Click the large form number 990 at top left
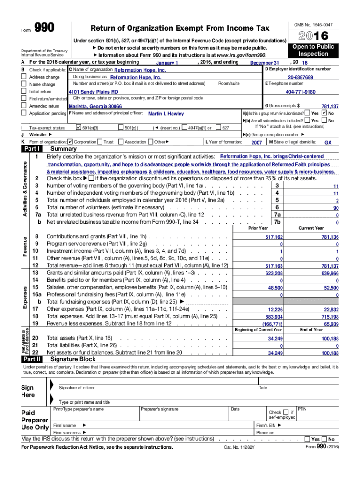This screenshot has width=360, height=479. [x=44, y=28]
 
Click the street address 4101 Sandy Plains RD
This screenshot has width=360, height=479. [x=93, y=92]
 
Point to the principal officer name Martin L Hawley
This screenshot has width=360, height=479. [x=166, y=114]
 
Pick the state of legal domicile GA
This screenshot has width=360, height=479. [x=328, y=142]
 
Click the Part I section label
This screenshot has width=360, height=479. [x=31, y=149]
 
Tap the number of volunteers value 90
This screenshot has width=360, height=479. [x=336, y=208]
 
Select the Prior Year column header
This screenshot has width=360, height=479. [x=258, y=228]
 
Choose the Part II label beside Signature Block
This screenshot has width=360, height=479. [x=32, y=359]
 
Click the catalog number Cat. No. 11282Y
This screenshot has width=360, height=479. [x=239, y=447]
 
